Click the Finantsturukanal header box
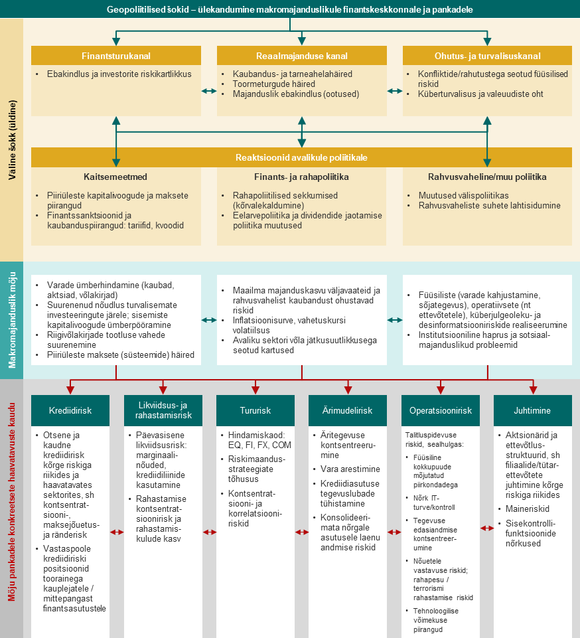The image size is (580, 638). click(116, 56)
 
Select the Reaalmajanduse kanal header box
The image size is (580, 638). click(302, 56)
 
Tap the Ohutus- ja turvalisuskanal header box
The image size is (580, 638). click(488, 56)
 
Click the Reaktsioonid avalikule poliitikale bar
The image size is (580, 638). click(302, 158)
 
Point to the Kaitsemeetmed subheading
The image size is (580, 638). click(115, 177)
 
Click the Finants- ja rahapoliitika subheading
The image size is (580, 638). click(301, 177)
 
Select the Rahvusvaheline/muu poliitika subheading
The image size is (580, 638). click(488, 177)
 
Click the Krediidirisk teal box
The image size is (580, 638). click(70, 411)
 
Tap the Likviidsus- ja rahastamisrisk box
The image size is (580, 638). click(163, 411)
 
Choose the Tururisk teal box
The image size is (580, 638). click(255, 411)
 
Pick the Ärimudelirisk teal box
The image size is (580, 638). click(348, 411)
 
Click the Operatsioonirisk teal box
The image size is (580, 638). click(441, 411)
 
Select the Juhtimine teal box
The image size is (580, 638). click(533, 411)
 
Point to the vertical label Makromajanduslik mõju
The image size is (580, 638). click(12, 321)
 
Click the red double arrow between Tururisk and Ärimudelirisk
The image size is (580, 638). click(302, 532)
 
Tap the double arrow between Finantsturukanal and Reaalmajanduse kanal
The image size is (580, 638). click(209, 92)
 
